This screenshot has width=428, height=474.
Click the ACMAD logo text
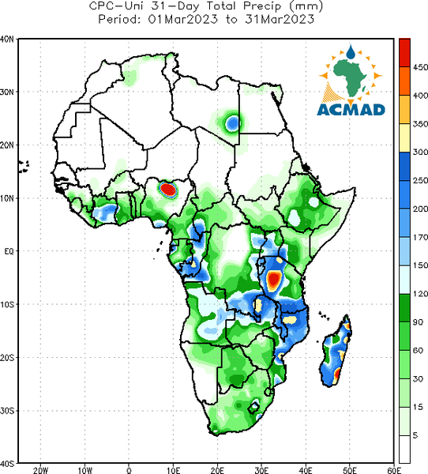pyautogui.click(x=351, y=110)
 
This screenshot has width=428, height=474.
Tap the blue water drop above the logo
pyautogui.click(x=351, y=52)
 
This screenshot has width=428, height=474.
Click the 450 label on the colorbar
pyautogui.click(x=420, y=67)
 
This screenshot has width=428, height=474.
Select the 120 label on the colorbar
pyautogui.click(x=420, y=294)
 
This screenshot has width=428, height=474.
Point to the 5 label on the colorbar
pyautogui.click(x=415, y=435)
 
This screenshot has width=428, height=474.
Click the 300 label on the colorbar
pyautogui.click(x=420, y=152)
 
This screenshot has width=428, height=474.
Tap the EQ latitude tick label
pyautogui.click(x=9, y=251)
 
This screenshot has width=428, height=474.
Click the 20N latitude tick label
pyautogui.click(x=7, y=145)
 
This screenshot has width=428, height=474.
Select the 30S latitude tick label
pyautogui.click(x=7, y=411)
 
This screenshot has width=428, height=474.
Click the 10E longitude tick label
pyautogui.click(x=173, y=470)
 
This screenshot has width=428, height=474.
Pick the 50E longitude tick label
pyautogui.click(x=350, y=470)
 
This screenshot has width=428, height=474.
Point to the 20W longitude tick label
pyautogui.click(x=40, y=470)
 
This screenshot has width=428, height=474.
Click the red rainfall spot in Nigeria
pyautogui.click(x=167, y=190)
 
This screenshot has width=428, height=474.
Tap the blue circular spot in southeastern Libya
pyautogui.click(x=233, y=123)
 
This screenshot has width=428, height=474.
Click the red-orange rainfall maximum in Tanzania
pyautogui.click(x=274, y=280)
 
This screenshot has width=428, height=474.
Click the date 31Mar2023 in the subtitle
pyautogui.click(x=280, y=19)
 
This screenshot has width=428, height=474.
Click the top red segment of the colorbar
pyautogui.click(x=404, y=53)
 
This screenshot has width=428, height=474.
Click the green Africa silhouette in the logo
pyautogui.click(x=351, y=77)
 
